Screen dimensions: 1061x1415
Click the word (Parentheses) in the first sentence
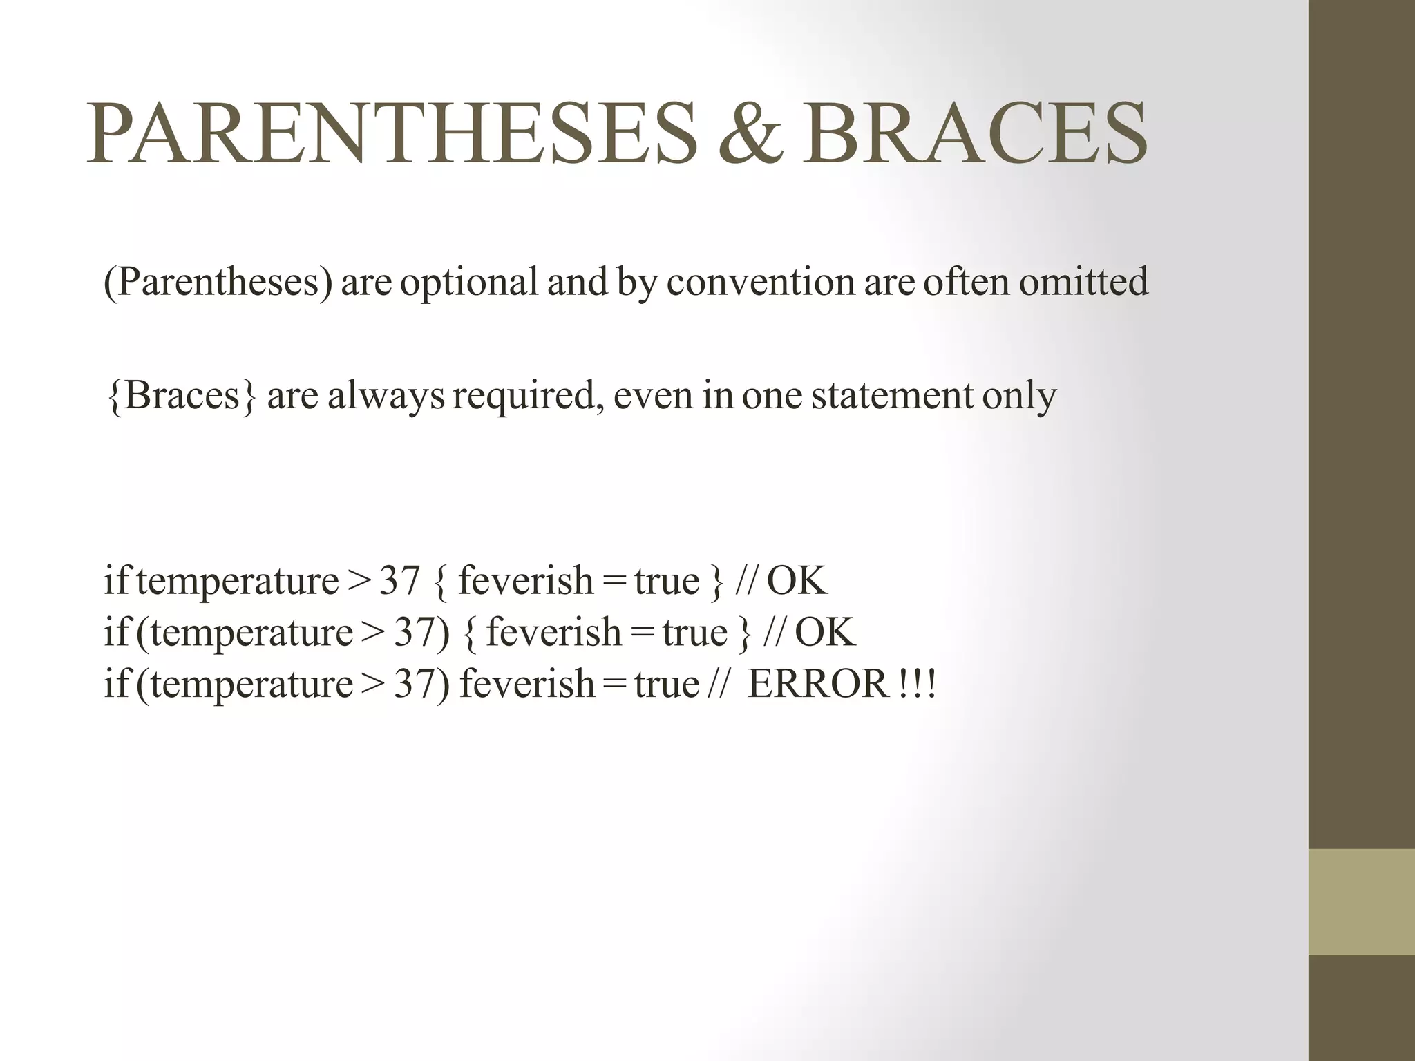pos(217,282)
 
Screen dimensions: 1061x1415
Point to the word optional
pos(469,282)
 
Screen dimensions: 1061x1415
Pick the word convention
pos(761,282)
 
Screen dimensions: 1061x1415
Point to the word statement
pos(892,396)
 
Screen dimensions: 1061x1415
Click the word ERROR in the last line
pos(817,684)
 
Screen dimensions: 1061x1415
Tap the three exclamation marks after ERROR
pos(918,684)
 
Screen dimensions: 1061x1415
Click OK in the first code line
pos(797,580)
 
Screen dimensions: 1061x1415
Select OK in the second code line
pos(825,632)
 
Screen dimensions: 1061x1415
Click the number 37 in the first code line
pos(400,580)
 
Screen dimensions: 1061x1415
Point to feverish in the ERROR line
pos(526,684)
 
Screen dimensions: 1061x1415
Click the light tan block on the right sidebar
pos(1362,901)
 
